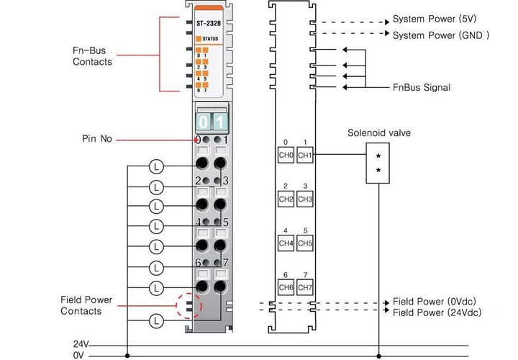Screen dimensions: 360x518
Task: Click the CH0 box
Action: [x=286, y=155]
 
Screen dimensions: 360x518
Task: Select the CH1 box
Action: [x=305, y=155]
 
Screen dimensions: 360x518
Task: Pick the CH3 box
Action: [x=305, y=199]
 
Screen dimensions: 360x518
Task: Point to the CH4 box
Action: [x=286, y=243]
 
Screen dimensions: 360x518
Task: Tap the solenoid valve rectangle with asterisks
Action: [x=378, y=163]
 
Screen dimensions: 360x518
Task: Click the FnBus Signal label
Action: [x=422, y=88]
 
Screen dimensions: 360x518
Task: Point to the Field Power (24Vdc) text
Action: [x=437, y=312]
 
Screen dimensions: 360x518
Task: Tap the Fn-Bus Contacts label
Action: [x=92, y=57]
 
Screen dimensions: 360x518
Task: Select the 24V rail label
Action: [x=81, y=344]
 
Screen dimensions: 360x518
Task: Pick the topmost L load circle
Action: [x=158, y=166]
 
